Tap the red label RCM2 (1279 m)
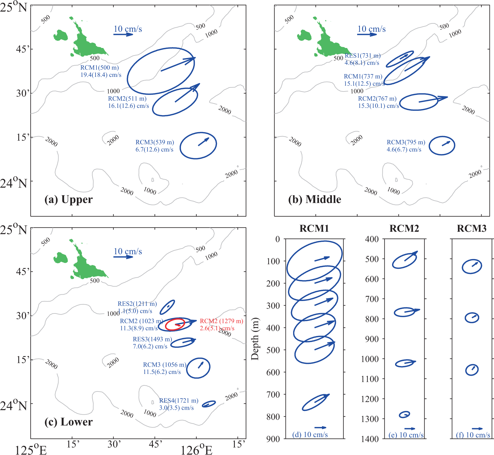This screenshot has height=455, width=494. coord(221,321)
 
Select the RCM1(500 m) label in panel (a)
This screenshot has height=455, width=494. coord(100,68)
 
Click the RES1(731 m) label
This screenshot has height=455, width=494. coord(362,56)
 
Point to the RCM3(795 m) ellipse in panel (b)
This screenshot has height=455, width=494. coord(442,146)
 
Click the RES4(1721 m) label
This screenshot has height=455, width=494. coord(179,401)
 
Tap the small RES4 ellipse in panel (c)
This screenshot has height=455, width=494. coord(209,404)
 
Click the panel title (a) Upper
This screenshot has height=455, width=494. coord(68,200)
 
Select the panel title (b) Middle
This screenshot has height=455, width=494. coord(314,200)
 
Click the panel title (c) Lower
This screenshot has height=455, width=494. coord(68,422)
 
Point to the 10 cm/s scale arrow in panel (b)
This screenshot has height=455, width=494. coord(367,34)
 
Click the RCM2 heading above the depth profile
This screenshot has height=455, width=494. coord(404,228)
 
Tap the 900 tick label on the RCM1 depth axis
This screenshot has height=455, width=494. coord(273,439)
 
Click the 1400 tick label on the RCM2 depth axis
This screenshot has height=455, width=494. coord(372,439)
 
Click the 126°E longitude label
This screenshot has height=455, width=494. coord(196,449)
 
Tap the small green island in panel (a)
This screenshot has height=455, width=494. coord(60,35)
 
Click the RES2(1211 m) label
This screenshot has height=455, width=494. coord(137,304)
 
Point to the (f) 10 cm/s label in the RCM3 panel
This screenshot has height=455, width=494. coord(473,435)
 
